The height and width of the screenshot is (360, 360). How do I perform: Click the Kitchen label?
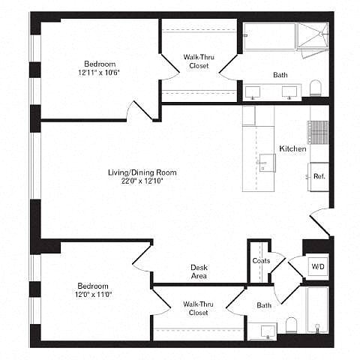pyautogui.click(x=292, y=148)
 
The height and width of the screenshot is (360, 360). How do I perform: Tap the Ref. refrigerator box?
pyautogui.click(x=319, y=177)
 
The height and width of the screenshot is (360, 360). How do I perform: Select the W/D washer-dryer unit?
pyautogui.click(x=318, y=267)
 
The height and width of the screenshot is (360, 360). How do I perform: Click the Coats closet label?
pyautogui.click(x=261, y=261)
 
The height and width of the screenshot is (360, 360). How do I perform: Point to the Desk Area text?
pyautogui.click(x=199, y=271)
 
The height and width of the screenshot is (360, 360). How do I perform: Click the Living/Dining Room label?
pyautogui.click(x=142, y=172)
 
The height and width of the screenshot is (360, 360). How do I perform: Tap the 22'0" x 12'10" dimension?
pyautogui.click(x=142, y=181)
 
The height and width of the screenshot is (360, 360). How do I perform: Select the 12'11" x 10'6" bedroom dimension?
pyautogui.click(x=99, y=73)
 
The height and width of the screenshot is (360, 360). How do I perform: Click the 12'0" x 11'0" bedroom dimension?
pyautogui.click(x=93, y=294)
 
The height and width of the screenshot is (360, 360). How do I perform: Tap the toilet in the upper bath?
pyautogui.click(x=315, y=88)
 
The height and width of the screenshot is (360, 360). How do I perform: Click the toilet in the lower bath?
pyautogui.click(x=291, y=325)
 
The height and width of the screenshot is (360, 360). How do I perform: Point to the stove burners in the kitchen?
pyautogui.click(x=318, y=132)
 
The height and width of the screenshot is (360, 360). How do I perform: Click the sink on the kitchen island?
pyautogui.click(x=268, y=163)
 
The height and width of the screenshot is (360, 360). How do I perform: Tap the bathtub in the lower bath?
pyautogui.click(x=317, y=310)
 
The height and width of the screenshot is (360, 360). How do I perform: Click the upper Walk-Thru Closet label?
pyautogui.click(x=199, y=61)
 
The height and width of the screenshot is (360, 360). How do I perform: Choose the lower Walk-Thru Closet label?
pyautogui.click(x=198, y=308)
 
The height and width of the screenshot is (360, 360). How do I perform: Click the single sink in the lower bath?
pyautogui.click(x=268, y=331)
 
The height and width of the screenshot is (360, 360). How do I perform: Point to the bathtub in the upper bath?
pyautogui.click(x=270, y=37)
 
